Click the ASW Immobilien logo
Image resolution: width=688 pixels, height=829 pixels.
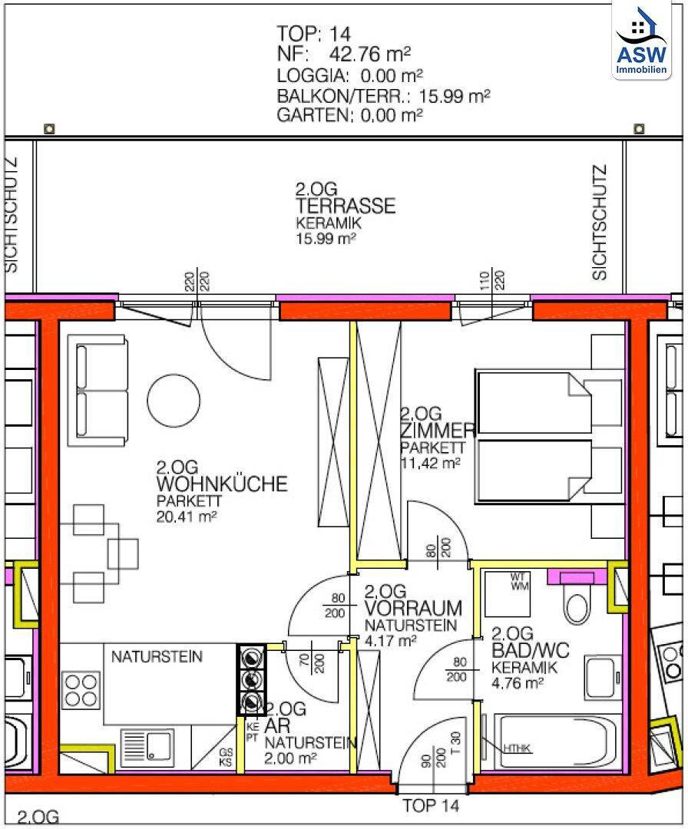(641, 41)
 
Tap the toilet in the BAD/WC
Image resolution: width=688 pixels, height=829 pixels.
(576, 603)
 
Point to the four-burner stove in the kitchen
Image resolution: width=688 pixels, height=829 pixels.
(82, 689)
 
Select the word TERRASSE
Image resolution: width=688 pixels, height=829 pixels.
(346, 206)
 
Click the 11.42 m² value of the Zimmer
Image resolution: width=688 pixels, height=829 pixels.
(429, 464)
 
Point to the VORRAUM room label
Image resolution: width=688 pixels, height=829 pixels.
(412, 609)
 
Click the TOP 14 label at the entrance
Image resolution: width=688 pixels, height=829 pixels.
(431, 806)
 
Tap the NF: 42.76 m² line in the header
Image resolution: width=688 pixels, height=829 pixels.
(344, 54)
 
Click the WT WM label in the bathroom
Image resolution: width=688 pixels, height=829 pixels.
(519, 582)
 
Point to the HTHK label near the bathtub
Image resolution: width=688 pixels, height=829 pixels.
(517, 748)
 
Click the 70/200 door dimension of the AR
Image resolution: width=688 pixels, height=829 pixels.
(312, 663)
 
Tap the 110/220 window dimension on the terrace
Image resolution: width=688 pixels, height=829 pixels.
(491, 280)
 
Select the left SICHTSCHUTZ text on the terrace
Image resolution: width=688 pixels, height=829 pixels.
(11, 215)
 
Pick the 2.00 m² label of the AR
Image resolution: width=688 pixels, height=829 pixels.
(290, 758)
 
